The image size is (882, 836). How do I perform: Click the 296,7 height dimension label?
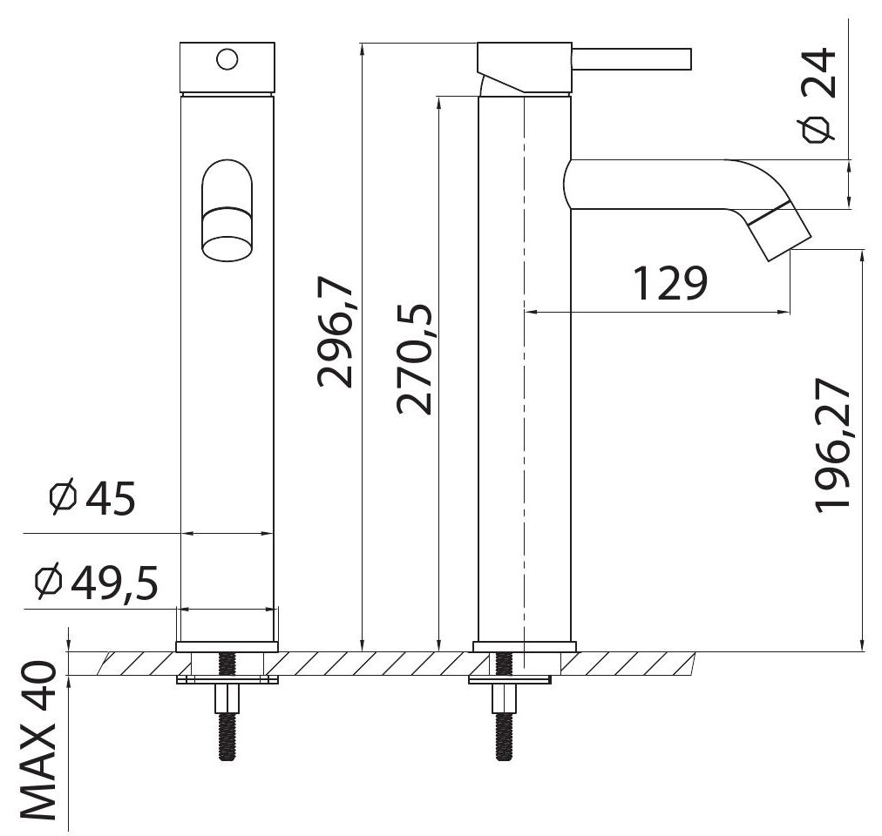point(336,333)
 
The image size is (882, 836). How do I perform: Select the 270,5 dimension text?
point(414,360)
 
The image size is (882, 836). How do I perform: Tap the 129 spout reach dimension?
point(670,283)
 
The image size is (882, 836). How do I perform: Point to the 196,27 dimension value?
point(832,445)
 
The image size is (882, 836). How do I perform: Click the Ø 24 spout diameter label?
point(819,95)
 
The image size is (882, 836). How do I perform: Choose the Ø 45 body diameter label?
point(92,497)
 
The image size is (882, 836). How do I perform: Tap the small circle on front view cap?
point(227,59)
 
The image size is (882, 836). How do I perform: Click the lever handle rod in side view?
point(631,59)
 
